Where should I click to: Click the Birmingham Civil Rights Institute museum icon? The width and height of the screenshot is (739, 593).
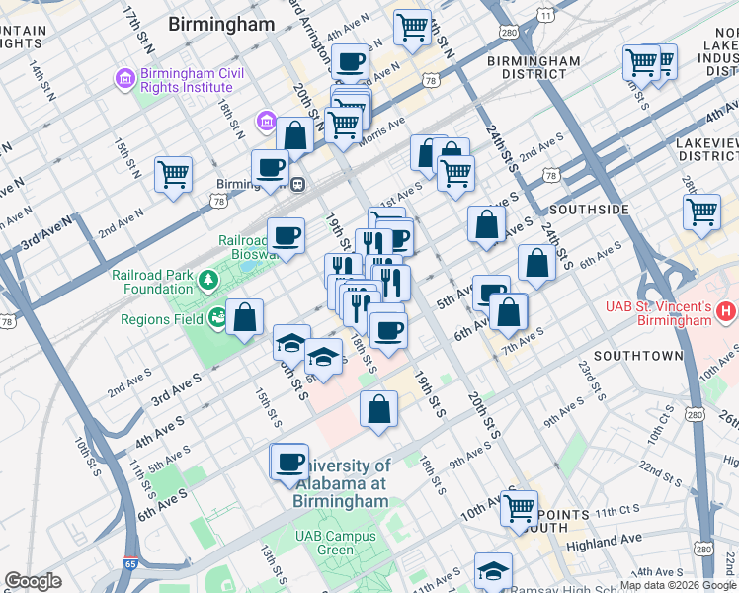pyautogui.click(x=125, y=77)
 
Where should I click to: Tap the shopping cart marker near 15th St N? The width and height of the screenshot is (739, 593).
pyautogui.click(x=174, y=175)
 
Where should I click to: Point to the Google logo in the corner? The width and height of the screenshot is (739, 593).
pyautogui.click(x=33, y=581)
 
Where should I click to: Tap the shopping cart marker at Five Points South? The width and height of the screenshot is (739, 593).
pyautogui.click(x=519, y=508)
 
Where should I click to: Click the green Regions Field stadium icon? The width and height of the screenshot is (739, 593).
pyautogui.click(x=216, y=318)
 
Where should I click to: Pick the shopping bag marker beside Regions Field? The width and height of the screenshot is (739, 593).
pyautogui.click(x=245, y=317)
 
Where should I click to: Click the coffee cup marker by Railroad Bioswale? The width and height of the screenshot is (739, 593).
pyautogui.click(x=286, y=236)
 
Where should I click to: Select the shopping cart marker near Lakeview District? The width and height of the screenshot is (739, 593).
pyautogui.click(x=701, y=211)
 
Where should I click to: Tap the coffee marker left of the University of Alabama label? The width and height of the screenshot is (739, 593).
pyautogui.click(x=289, y=462)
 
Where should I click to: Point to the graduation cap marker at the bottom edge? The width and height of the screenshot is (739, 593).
pyautogui.click(x=493, y=570)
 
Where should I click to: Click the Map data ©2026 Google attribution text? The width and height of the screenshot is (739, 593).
pyautogui.click(x=678, y=585)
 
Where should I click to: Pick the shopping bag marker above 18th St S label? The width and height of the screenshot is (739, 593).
pyautogui.click(x=378, y=409)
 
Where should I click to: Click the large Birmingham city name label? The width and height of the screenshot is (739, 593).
pyautogui.click(x=221, y=24)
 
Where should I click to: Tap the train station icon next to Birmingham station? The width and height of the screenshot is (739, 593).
pyautogui.click(x=295, y=184)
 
